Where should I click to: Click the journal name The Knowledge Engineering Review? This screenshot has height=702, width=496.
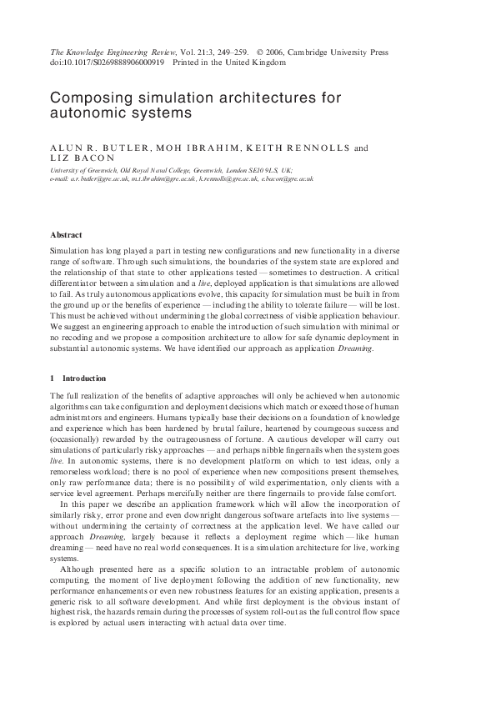click(x=107, y=52)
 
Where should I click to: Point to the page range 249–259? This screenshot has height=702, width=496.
click(x=231, y=52)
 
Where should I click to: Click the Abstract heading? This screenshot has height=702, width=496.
click(x=66, y=235)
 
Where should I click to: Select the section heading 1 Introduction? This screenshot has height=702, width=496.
click(x=78, y=379)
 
